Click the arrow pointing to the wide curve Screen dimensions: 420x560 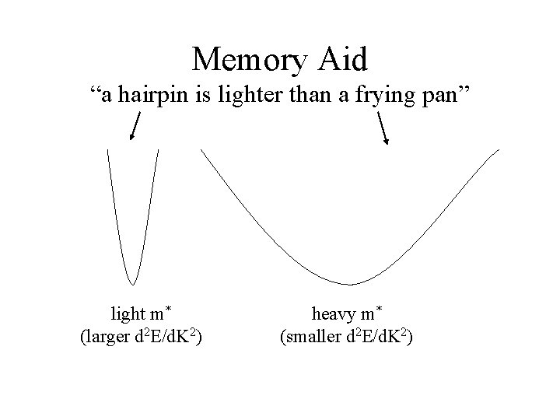click(x=383, y=128)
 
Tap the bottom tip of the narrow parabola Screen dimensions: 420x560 click(x=133, y=283)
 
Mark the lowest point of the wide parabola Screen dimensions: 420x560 click(x=350, y=284)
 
